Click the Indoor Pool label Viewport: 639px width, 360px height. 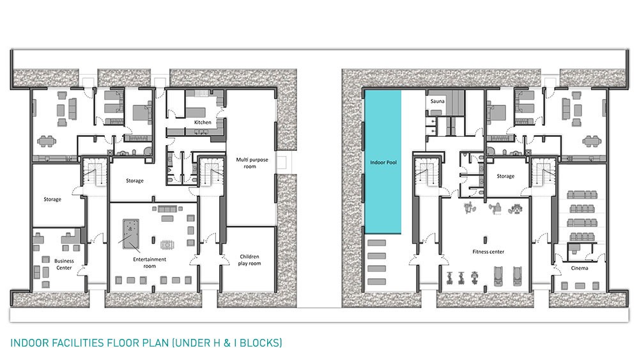(383, 162)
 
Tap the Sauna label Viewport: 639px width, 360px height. (437, 101)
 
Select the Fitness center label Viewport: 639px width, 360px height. (488, 251)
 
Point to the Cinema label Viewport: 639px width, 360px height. (579, 268)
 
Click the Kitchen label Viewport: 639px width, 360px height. (203, 122)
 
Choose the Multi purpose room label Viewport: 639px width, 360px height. (252, 163)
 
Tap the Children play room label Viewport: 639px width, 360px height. (249, 260)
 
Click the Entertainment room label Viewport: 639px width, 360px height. (150, 263)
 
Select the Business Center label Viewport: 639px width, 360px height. (64, 264)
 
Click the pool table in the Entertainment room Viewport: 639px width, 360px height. (131, 234)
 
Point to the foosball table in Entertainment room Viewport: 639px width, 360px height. (167, 245)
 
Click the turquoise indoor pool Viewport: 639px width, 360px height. (383, 162)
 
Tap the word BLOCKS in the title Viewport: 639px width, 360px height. (261, 343)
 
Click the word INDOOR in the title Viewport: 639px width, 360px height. (26, 343)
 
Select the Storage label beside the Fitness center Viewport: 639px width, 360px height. (505, 176)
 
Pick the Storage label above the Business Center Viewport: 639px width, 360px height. (52, 200)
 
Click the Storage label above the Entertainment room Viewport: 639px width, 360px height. (134, 180)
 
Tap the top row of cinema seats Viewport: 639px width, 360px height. (581, 194)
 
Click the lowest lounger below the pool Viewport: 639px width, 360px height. (376, 281)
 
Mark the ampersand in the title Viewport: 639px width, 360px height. (227, 343)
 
